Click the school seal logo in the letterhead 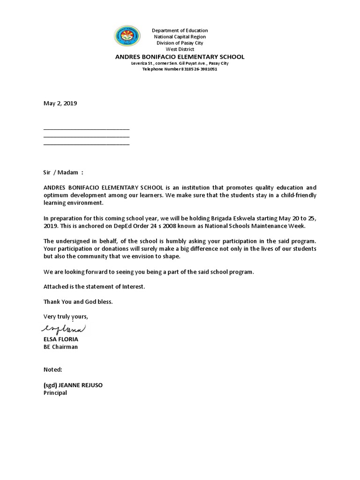click(x=127, y=37)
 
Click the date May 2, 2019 click(x=60, y=104)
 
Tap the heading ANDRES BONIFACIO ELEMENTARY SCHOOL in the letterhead click(x=180, y=57)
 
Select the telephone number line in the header click(x=180, y=69)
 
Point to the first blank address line click(x=86, y=128)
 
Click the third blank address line click(x=86, y=144)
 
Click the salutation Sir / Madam click(x=63, y=172)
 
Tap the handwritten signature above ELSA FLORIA click(x=65, y=328)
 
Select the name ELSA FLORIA click(x=61, y=339)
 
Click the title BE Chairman click(x=60, y=347)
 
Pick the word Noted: click(x=52, y=369)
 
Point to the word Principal click(x=55, y=393)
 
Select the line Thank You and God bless click(x=78, y=301)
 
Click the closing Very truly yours click(x=66, y=316)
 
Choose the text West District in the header click(x=180, y=49)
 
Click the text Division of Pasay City click(x=180, y=43)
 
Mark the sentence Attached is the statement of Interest click(x=94, y=286)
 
